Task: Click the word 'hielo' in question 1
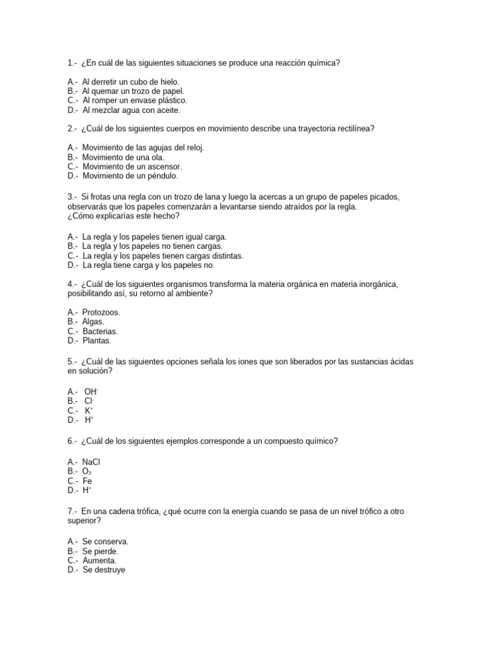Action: pyautogui.click(x=168, y=82)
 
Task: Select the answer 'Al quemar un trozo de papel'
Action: pyautogui.click(x=133, y=91)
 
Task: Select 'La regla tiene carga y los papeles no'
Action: pyautogui.click(x=148, y=265)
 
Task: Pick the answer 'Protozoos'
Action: pyautogui.click(x=101, y=312)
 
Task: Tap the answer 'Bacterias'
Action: pyautogui.click(x=100, y=331)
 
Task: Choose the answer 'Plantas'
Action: pyautogui.click(x=96, y=341)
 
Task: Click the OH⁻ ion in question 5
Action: pyautogui.click(x=91, y=392)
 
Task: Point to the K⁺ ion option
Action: pyautogui.click(x=89, y=411)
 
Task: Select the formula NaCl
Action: pyautogui.click(x=91, y=462)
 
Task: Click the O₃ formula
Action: pyautogui.click(x=87, y=472)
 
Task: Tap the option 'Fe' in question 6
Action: pyautogui.click(x=88, y=481)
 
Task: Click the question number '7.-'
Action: pyautogui.click(x=72, y=512)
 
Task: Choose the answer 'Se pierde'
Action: pyautogui.click(x=100, y=552)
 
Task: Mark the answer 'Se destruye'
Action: pyautogui.click(x=104, y=570)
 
